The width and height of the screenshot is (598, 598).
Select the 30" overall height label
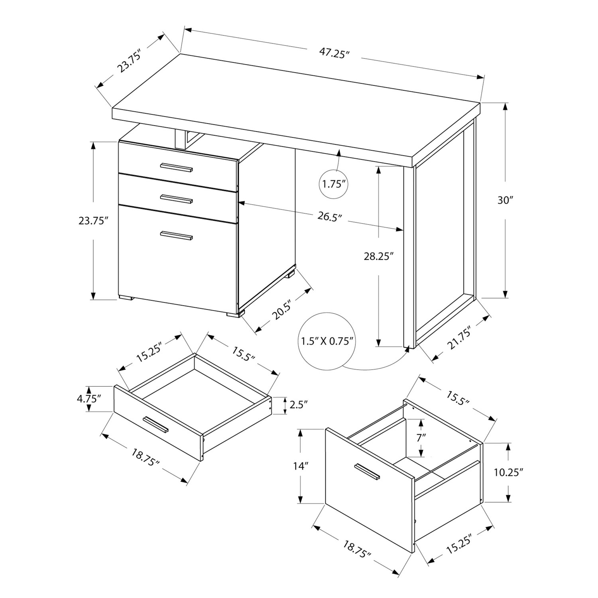pyautogui.click(x=506, y=200)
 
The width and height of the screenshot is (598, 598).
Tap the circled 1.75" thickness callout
pyautogui.click(x=334, y=184)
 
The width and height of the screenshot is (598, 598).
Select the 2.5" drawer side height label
pyautogui.click(x=299, y=405)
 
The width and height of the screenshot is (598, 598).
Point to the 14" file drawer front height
pyautogui.click(x=301, y=466)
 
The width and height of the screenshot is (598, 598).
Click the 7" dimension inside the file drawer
pyautogui.click(x=421, y=437)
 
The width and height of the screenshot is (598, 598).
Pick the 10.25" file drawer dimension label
pyautogui.click(x=508, y=472)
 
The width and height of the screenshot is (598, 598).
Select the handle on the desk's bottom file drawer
pyautogui.click(x=177, y=236)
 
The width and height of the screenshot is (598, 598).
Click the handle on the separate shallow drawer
pyautogui.click(x=156, y=425)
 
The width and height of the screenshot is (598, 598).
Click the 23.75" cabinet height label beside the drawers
pyautogui.click(x=93, y=220)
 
